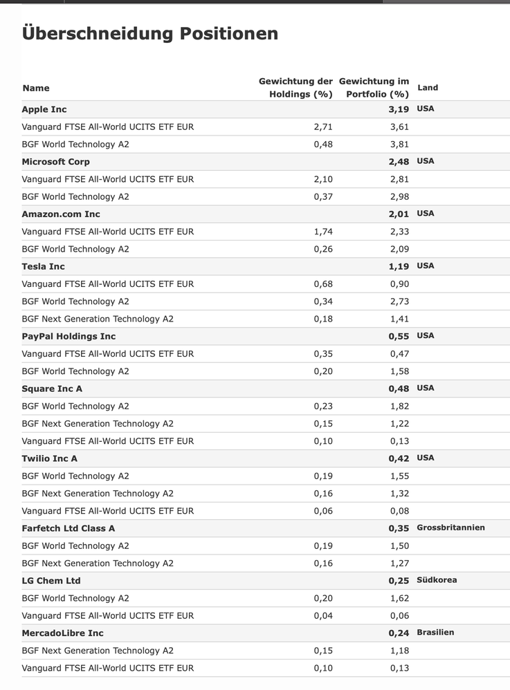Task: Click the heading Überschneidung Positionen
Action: (150, 33)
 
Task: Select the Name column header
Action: (36, 88)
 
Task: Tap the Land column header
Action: (428, 88)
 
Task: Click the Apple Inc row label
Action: (44, 109)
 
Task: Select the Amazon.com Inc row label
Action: (61, 214)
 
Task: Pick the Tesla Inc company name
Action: (43, 266)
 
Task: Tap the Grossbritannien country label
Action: (450, 528)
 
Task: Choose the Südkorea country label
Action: (437, 580)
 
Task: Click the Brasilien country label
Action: (435, 633)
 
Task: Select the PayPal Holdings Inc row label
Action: (69, 336)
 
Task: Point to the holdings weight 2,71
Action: (323, 127)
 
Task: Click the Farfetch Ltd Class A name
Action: (69, 528)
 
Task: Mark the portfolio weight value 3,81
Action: (399, 144)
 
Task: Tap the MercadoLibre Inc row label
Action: (62, 633)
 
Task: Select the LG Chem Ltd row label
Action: (51, 581)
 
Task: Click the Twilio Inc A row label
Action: (50, 458)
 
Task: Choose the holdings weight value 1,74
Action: (323, 232)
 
